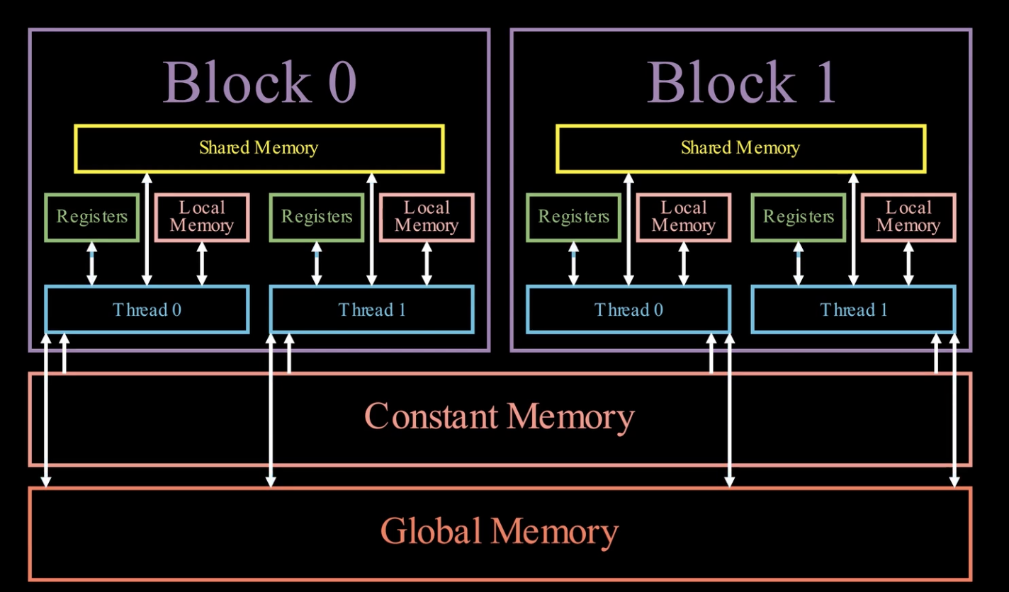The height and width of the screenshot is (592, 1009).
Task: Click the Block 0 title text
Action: [259, 83]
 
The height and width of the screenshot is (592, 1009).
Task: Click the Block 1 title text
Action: [741, 83]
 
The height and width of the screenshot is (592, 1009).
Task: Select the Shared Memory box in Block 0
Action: [259, 149]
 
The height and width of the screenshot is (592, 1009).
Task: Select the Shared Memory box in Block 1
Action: [740, 149]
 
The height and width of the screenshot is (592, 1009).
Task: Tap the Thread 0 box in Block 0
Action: [147, 309]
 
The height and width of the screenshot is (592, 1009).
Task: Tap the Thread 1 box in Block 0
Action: [371, 309]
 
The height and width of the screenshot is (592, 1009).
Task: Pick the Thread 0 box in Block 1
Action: [628, 309]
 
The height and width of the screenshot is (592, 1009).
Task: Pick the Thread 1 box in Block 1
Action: [853, 309]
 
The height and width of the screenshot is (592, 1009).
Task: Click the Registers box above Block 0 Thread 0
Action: [91, 217]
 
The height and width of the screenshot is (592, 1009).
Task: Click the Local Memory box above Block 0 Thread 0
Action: [202, 217]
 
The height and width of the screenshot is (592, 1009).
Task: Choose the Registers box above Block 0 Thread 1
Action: [317, 217]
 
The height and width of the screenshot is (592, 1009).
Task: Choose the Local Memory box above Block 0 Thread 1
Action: [427, 217]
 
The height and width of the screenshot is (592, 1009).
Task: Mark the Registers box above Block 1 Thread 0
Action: [573, 217]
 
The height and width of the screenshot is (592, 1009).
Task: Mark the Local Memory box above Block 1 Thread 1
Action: [908, 217]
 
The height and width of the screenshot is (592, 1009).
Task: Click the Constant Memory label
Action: [500, 417]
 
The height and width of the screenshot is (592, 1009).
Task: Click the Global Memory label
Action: [500, 531]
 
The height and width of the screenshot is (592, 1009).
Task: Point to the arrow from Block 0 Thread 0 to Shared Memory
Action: [147, 229]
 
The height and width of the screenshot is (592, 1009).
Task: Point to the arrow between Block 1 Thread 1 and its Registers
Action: [799, 264]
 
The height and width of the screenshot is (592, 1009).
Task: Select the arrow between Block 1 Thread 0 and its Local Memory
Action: [684, 264]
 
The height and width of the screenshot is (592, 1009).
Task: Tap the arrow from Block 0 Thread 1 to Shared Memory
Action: [371, 229]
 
